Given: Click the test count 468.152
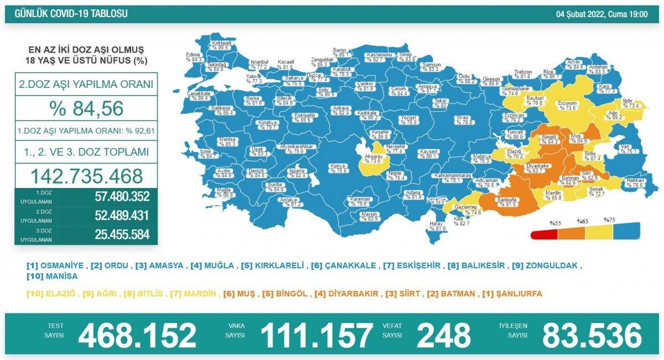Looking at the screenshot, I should [137, 335].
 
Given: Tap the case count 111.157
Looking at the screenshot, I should [317, 335].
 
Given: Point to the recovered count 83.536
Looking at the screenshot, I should [592, 335].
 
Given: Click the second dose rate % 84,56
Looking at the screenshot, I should [86, 108].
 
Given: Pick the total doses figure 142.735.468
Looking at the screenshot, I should [86, 176].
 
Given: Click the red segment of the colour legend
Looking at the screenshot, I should [544, 234].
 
